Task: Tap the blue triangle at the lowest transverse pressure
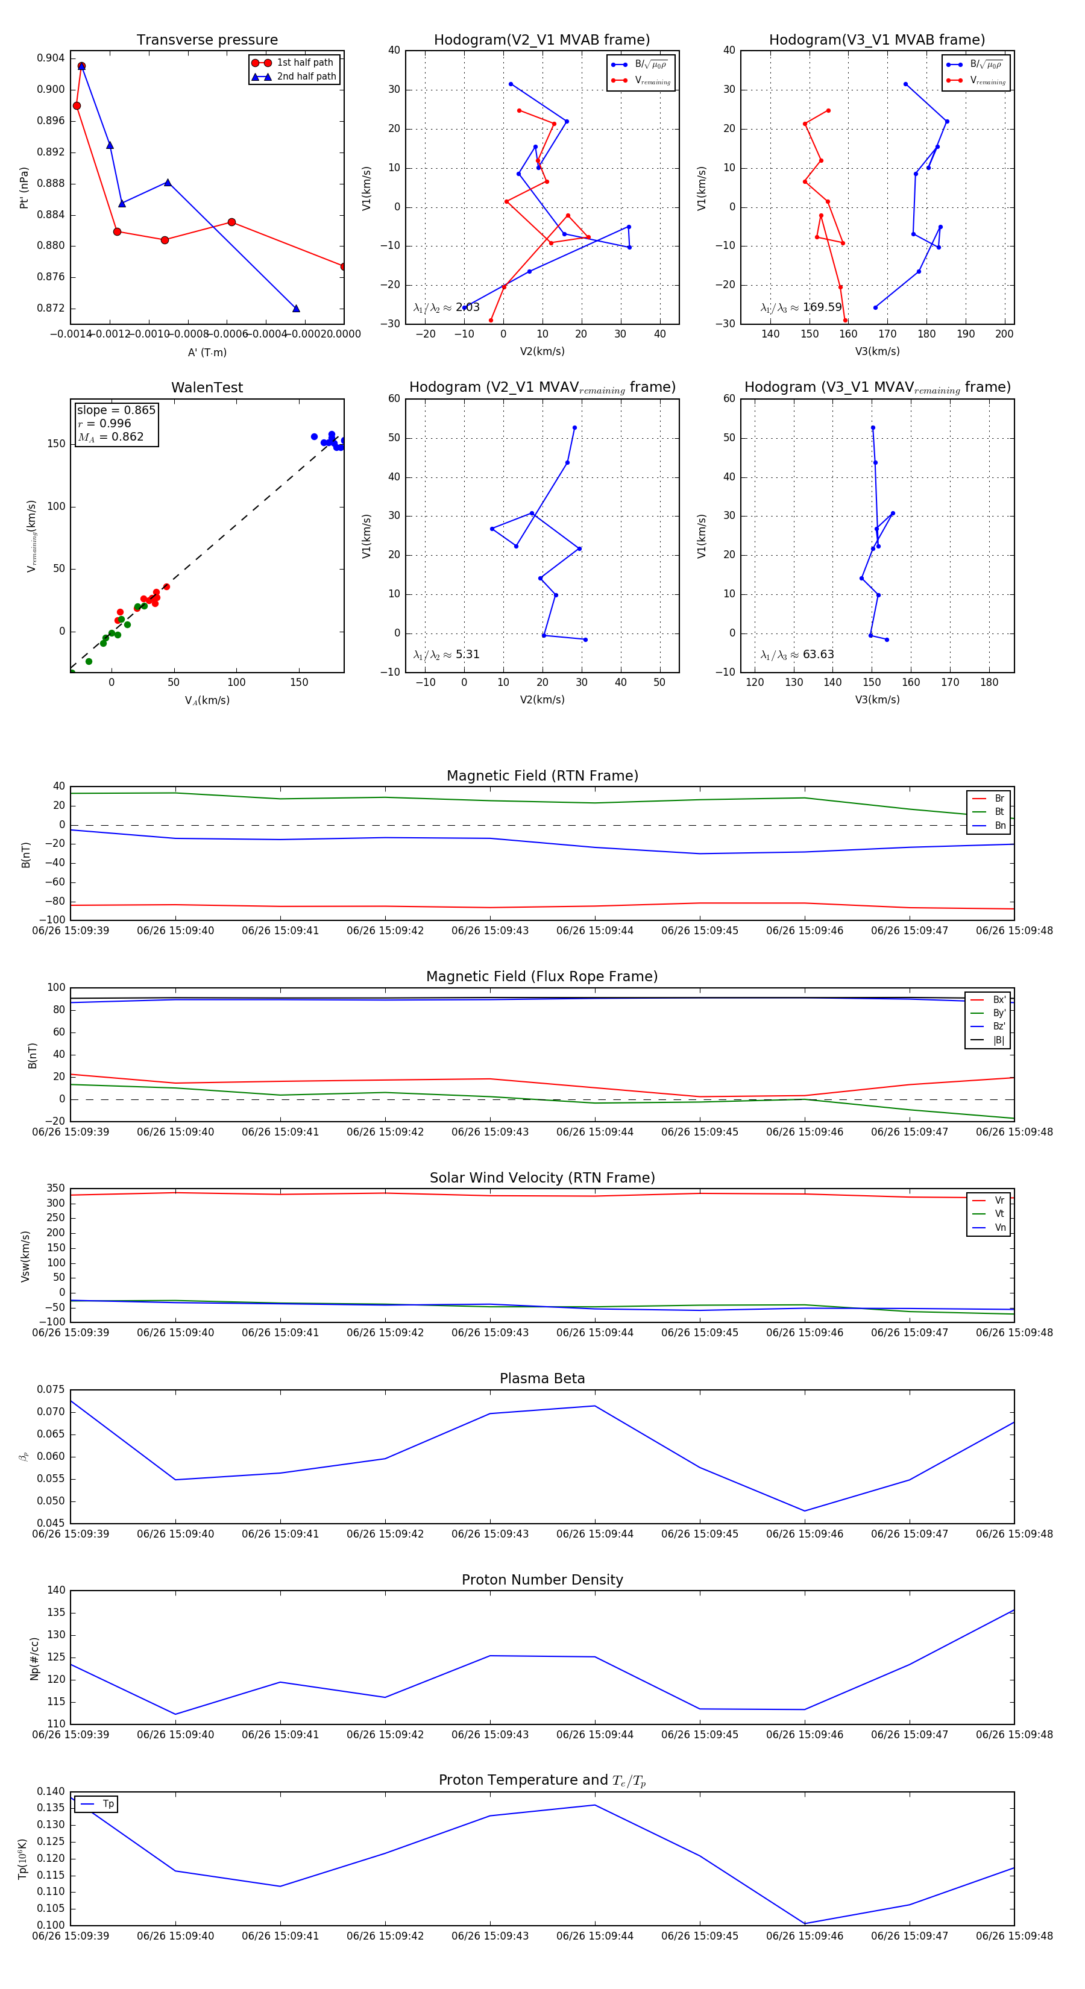coord(296,309)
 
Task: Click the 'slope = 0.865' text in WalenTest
coord(116,410)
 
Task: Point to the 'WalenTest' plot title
coord(207,388)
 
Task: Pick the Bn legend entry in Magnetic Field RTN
coord(999,825)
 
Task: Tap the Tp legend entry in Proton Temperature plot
coord(107,1804)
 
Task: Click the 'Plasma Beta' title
coord(542,1378)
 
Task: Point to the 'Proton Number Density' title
coord(542,1579)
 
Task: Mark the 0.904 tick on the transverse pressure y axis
coord(51,58)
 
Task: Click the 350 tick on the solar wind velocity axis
coord(55,1189)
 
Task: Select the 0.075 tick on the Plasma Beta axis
coord(51,1389)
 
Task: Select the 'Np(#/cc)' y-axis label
coord(34,1658)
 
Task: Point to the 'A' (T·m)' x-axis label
coord(207,352)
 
